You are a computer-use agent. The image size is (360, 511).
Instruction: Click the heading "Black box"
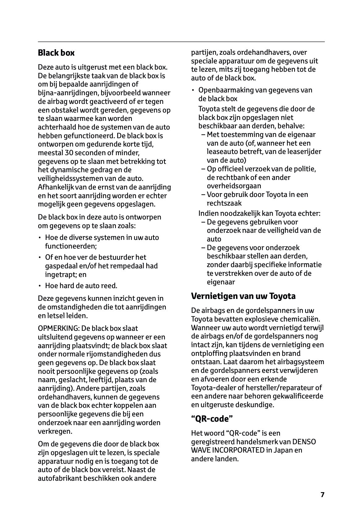click(x=56, y=53)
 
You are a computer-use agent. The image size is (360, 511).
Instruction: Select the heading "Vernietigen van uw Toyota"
click(x=243, y=296)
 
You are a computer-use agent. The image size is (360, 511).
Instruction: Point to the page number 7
click(x=322, y=495)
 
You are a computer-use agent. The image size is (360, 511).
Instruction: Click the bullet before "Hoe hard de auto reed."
click(x=40, y=286)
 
